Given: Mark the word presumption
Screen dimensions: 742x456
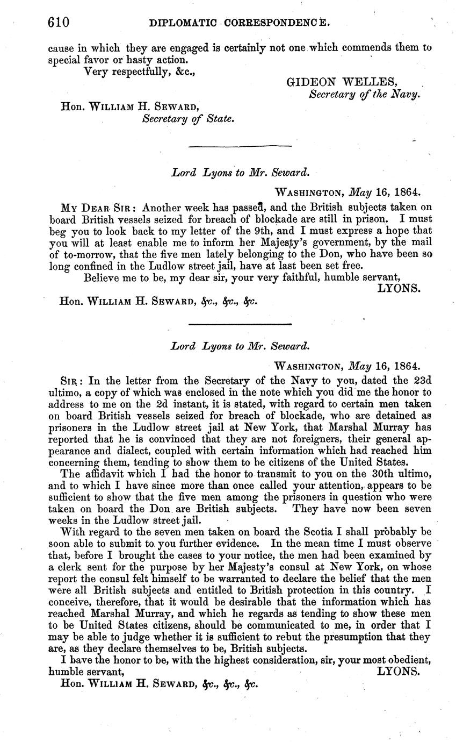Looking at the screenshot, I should [356, 637].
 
